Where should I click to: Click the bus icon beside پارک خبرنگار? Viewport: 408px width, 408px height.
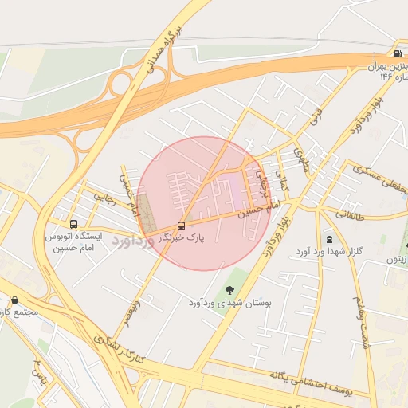click(x=181, y=226)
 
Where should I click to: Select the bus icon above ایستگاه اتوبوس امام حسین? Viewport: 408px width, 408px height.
click(x=74, y=225)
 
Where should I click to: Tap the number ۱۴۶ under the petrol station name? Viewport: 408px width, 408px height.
click(x=387, y=77)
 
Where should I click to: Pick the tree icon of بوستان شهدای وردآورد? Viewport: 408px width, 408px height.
click(x=230, y=290)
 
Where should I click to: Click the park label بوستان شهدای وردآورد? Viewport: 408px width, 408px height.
click(x=231, y=304)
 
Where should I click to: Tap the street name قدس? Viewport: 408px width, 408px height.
click(x=314, y=116)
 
